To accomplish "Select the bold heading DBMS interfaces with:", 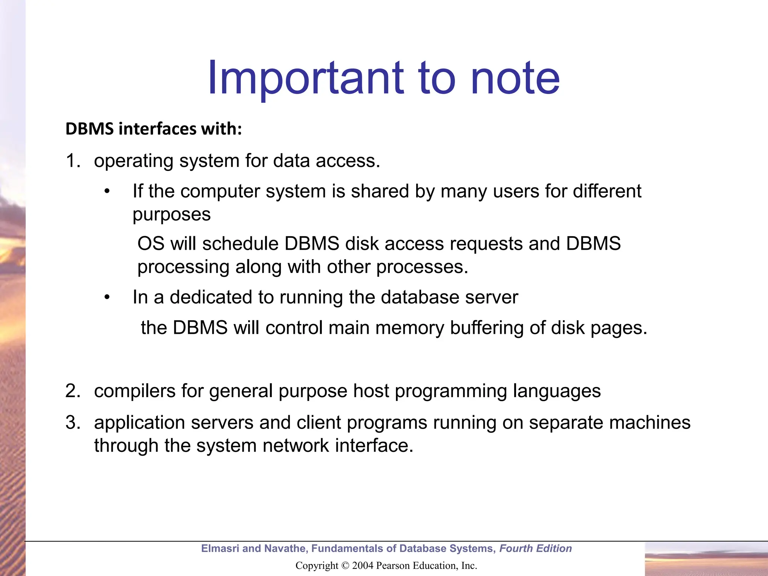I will pos(154,129).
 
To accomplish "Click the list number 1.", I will pos(72,161).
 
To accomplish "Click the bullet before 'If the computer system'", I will pos(107,192).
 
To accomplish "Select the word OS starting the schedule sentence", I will pos(151,244).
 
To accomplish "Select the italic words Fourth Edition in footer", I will pos(535,549).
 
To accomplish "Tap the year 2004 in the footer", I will pos(363,566).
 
